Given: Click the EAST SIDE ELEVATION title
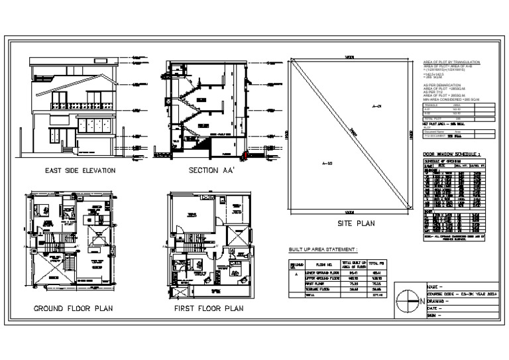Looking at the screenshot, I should click(80, 170).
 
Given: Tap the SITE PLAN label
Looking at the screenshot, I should click(355, 223).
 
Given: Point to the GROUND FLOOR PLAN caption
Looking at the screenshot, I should click(74, 309).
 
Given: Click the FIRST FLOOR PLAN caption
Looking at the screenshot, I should click(207, 309).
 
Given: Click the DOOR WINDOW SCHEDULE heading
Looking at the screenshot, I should click(457, 154).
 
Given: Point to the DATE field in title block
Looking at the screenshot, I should click(438, 309).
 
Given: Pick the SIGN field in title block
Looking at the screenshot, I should click(437, 316).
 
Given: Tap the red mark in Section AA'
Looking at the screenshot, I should click(247, 155).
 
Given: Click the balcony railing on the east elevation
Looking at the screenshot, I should click(84, 105).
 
